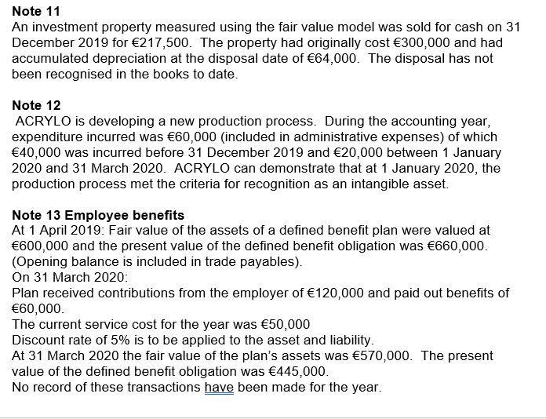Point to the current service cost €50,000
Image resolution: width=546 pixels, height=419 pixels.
click(x=282, y=325)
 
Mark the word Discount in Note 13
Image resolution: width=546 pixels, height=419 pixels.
click(x=40, y=340)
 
